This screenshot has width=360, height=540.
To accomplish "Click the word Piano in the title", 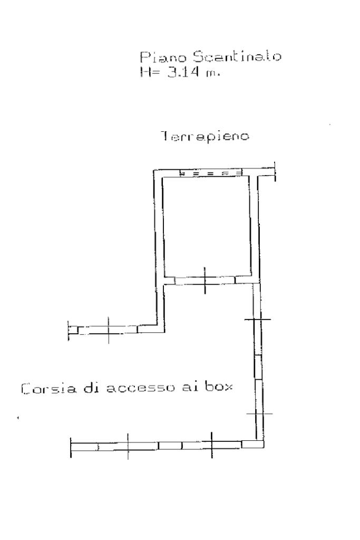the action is (x=153, y=56).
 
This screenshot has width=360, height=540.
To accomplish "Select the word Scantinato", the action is (x=197, y=56).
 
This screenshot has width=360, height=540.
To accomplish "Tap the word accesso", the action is (x=138, y=390).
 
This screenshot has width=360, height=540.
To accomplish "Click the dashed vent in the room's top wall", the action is (x=210, y=173).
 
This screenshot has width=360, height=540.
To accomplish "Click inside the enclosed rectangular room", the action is (x=208, y=227).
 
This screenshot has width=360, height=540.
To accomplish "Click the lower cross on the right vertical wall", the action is (x=258, y=413).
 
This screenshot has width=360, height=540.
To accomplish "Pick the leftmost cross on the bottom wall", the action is (x=128, y=446).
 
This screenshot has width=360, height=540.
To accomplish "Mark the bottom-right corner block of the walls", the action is (x=252, y=444).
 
